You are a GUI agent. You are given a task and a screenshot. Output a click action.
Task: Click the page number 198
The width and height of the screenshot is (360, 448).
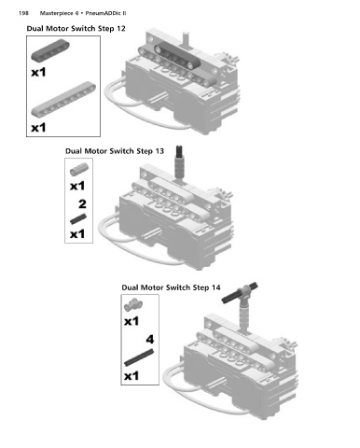(23, 13)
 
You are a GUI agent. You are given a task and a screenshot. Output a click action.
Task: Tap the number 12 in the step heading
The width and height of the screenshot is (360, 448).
(121, 29)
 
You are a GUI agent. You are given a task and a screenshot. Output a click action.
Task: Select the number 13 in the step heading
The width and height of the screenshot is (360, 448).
(159, 151)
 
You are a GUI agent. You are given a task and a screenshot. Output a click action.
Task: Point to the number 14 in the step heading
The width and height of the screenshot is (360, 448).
(216, 287)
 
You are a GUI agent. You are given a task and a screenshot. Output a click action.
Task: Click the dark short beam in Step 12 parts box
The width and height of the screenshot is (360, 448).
(50, 50)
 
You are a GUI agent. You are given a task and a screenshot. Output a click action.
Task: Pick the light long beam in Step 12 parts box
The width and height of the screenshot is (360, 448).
(63, 99)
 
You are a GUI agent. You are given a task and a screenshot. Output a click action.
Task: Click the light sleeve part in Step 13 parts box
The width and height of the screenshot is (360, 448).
(79, 169)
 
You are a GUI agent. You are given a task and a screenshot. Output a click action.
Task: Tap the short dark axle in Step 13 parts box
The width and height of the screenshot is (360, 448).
(78, 219)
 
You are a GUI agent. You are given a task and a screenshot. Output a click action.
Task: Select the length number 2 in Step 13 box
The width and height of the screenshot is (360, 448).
(82, 204)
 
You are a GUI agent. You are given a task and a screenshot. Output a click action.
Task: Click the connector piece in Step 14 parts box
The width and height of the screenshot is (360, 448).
(133, 305)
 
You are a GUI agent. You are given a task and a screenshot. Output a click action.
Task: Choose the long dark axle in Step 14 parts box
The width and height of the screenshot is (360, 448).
(139, 357)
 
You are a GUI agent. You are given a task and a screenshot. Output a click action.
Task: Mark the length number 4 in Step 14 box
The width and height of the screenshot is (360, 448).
(150, 339)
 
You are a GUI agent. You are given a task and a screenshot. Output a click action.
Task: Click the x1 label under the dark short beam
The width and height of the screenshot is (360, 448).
(38, 73)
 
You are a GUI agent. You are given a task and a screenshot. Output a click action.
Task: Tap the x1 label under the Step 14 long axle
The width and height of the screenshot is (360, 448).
(132, 376)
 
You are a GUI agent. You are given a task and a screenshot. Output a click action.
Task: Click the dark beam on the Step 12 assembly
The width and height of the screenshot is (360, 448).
(176, 55)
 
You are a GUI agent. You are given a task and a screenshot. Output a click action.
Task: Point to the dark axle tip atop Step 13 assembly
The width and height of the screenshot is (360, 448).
(179, 150)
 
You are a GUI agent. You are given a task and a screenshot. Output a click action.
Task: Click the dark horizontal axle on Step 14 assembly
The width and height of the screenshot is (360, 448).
(240, 293)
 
